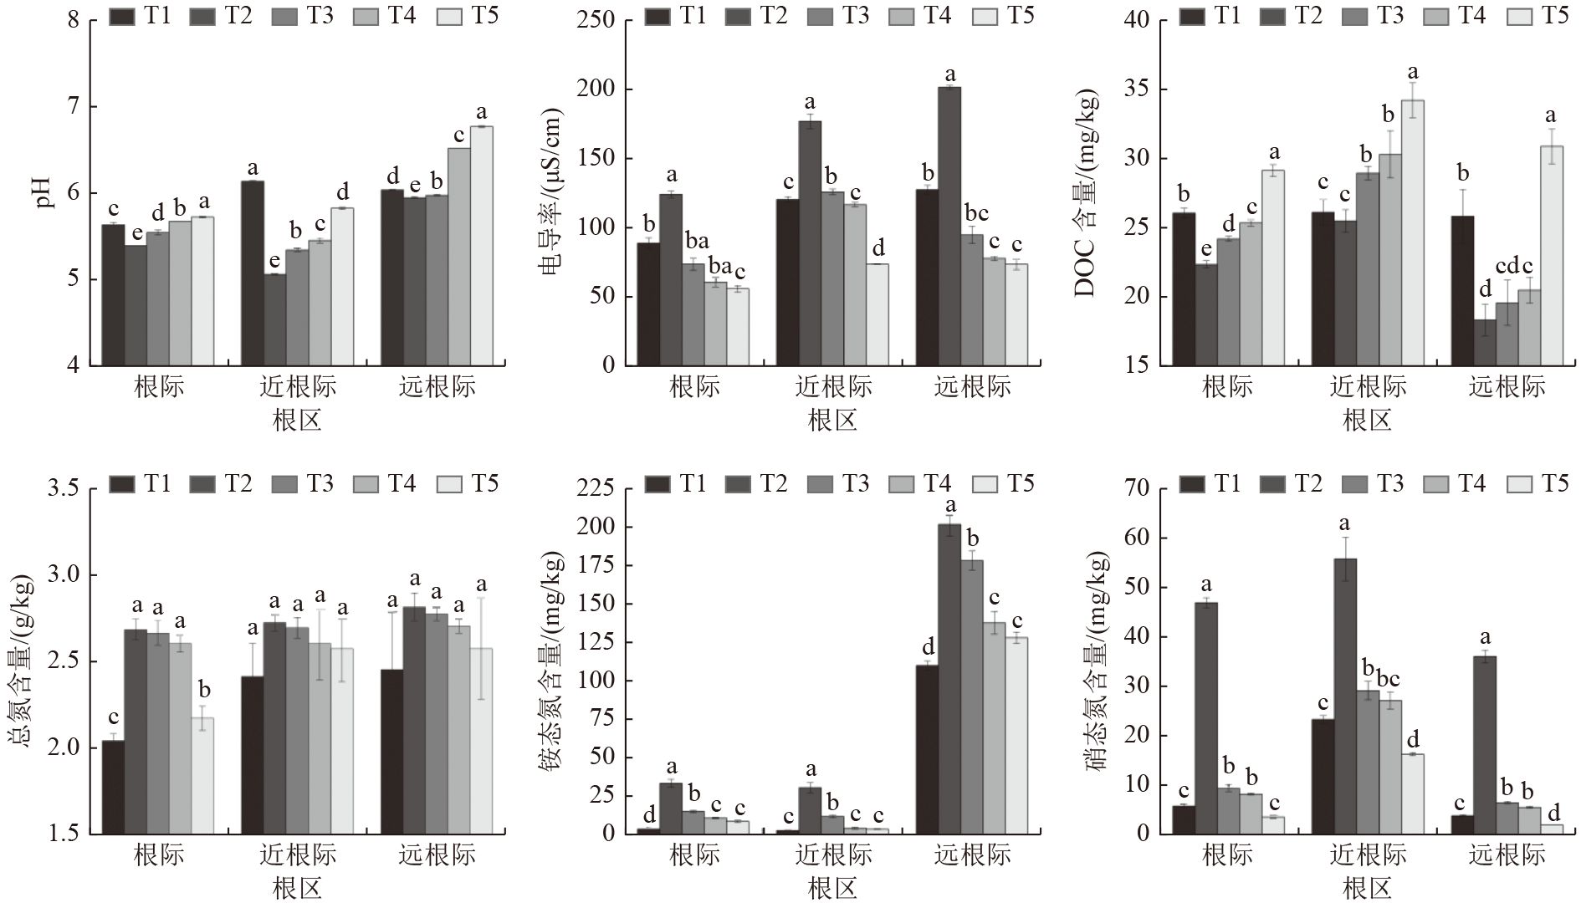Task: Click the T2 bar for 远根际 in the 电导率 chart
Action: [949, 226]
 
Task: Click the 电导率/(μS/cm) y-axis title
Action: [549, 192]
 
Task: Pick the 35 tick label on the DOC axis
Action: [1144, 89]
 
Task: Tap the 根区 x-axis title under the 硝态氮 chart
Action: [1367, 888]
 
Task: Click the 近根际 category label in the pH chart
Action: [298, 386]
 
